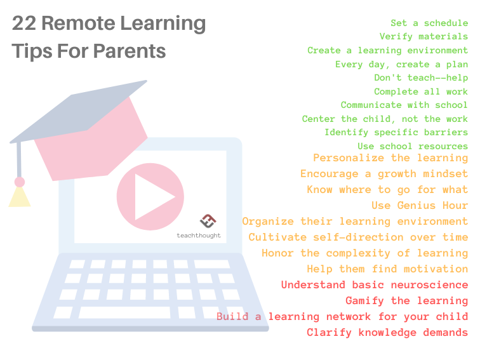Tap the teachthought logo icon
(x=208, y=221)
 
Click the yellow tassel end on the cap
(x=20, y=198)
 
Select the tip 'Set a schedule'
(x=429, y=23)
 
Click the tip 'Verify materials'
(x=423, y=37)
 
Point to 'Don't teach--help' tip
(x=421, y=78)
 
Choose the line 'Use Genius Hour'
(x=420, y=206)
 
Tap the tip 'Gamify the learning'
(x=406, y=301)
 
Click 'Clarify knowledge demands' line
(x=387, y=333)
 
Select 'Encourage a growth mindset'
(x=384, y=174)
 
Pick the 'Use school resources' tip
(x=413, y=147)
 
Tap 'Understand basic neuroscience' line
(x=375, y=285)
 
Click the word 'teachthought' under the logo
(x=198, y=235)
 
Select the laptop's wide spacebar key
(x=126, y=312)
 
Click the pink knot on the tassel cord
(x=20, y=182)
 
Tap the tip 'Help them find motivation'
(x=387, y=269)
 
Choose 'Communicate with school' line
(x=404, y=105)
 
